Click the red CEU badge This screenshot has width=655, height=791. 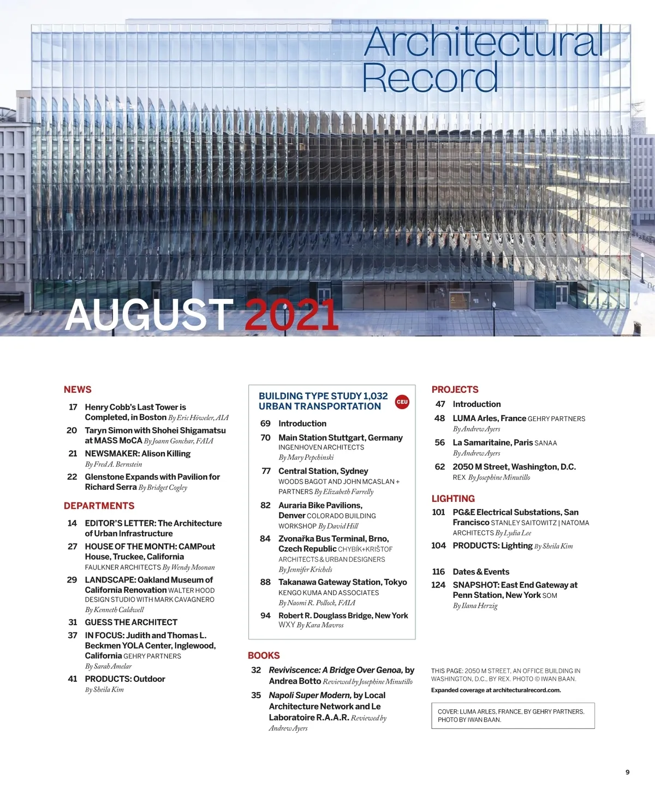[402, 402]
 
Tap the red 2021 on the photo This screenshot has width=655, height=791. [291, 315]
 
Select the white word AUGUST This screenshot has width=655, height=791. [149, 315]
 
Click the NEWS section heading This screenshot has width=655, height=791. [78, 389]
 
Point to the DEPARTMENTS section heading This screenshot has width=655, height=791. [99, 506]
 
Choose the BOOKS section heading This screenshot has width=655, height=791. [264, 655]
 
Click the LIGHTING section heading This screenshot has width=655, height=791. [453, 499]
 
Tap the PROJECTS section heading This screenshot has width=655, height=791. [455, 389]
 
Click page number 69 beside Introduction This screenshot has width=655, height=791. [265, 423]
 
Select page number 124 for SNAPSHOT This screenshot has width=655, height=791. [438, 585]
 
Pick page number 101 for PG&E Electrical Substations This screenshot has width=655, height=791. [438, 512]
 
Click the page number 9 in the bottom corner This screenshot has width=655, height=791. [627, 772]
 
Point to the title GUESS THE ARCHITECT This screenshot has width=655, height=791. [131, 622]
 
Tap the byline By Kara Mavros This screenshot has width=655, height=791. [320, 625]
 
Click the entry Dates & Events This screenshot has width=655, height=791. [481, 572]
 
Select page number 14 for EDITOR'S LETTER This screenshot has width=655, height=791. [72, 523]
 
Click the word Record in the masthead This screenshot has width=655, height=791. [430, 77]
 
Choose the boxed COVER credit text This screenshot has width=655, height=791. [513, 715]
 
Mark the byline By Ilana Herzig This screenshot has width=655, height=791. [475, 606]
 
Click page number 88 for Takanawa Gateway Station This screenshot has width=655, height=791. [265, 582]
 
